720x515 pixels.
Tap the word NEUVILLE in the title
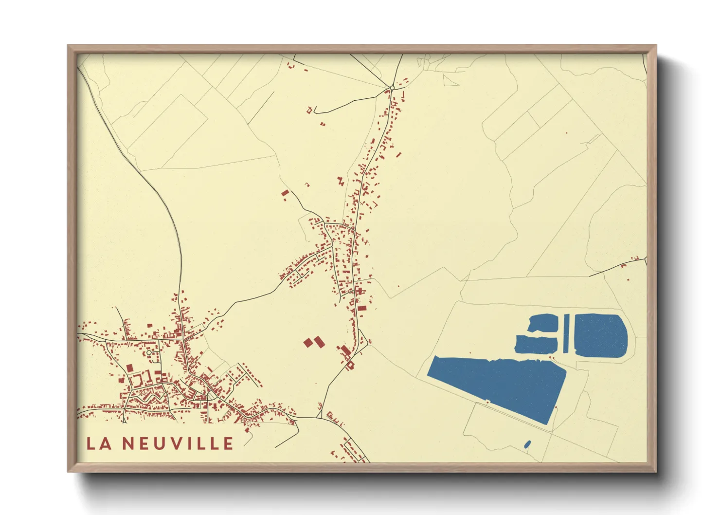(x=178, y=443)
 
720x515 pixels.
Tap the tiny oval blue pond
(x=527, y=444)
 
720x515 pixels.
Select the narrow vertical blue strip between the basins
(x=566, y=334)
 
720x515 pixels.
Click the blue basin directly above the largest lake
(x=536, y=344)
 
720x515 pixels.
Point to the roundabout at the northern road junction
(x=392, y=88)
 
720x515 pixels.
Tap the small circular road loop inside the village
(x=149, y=351)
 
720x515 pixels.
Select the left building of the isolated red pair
(x=307, y=343)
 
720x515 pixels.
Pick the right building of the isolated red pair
(x=318, y=342)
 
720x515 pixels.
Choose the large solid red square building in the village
(x=129, y=368)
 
